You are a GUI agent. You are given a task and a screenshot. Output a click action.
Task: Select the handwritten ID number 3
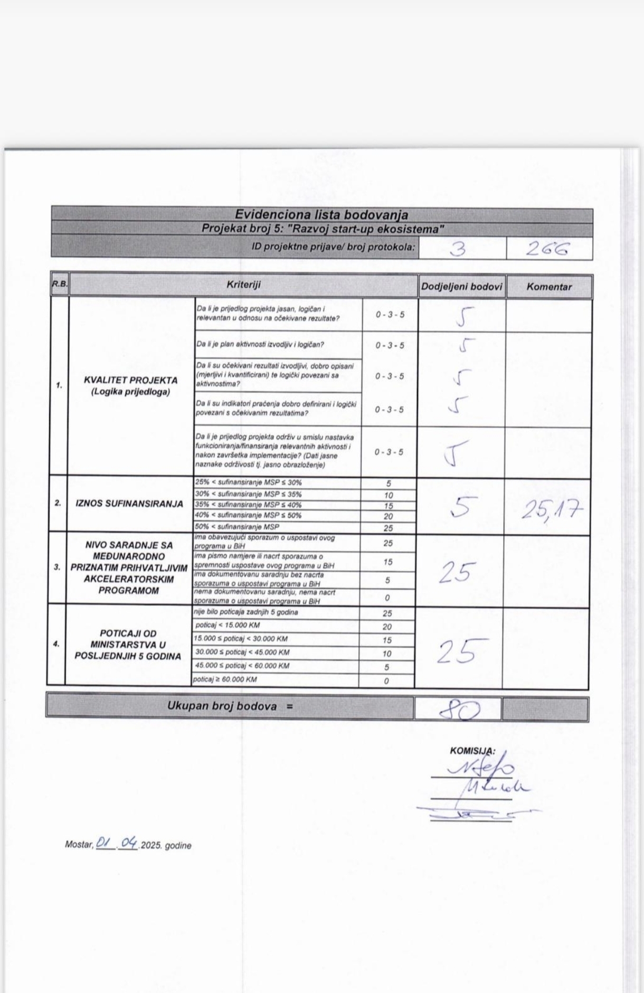coord(458,249)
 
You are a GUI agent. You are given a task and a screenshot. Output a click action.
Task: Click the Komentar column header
coord(549,287)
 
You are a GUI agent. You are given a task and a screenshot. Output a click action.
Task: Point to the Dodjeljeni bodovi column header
coord(461,287)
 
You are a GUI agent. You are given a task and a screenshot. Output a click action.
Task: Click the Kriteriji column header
coord(243,285)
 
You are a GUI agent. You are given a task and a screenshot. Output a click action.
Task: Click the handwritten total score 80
coord(460,710)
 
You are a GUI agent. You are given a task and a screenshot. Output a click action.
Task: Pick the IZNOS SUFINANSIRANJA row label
coord(129,504)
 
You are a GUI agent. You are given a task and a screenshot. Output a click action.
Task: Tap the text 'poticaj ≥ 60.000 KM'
coord(225,679)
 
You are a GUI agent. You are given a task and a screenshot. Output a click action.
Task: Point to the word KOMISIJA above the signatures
coord(472,751)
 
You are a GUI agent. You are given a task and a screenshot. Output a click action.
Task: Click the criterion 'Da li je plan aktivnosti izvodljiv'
coord(260,344)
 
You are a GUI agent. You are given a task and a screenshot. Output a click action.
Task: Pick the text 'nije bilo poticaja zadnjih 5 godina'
coord(247,612)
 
